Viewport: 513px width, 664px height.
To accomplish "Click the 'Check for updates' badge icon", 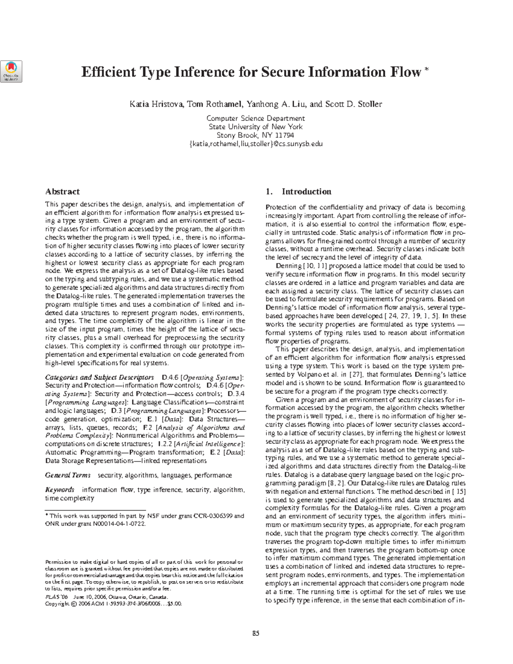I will [x=12, y=71].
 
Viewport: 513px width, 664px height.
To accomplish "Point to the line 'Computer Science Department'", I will [x=256, y=118].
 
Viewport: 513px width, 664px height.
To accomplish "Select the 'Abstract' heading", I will [x=62, y=192].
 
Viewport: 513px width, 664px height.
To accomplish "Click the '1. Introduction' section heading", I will [x=298, y=192].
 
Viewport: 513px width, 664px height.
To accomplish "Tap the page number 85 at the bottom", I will [x=256, y=634].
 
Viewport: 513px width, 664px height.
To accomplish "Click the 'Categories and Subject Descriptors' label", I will [x=99, y=378].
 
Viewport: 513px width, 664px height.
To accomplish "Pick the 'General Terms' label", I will [x=68, y=475].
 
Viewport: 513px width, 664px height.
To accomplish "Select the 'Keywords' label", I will [x=60, y=490].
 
